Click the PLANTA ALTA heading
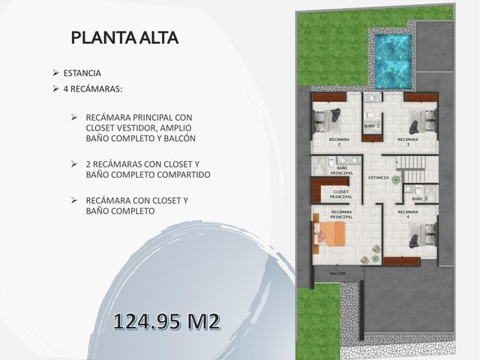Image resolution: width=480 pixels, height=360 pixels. [x=124, y=37]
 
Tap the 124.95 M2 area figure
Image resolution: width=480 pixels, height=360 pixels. [x=166, y=322]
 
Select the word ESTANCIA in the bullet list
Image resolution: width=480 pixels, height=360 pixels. [x=82, y=73]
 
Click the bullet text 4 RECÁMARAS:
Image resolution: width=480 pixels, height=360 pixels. [x=93, y=89]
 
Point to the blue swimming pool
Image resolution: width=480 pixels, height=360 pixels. [x=393, y=61]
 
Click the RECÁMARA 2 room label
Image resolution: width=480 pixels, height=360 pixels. [x=339, y=142]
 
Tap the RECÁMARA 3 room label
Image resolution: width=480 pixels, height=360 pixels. [x=408, y=142]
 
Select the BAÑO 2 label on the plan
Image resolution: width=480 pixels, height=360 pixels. [x=372, y=126]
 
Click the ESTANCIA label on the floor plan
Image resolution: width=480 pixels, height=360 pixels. [x=378, y=178]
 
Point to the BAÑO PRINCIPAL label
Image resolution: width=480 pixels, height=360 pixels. [x=342, y=170]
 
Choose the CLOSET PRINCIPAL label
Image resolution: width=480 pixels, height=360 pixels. [x=341, y=194]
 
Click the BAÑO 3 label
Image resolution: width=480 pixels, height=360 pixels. [x=419, y=199]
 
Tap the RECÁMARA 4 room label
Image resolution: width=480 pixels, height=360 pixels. [x=408, y=214]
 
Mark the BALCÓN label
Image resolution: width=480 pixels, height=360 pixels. [x=338, y=273]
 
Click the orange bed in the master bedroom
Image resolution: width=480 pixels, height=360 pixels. [x=329, y=234]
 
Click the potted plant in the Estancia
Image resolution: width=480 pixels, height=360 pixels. [x=397, y=180]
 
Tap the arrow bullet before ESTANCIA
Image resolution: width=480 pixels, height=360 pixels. [x=55, y=73]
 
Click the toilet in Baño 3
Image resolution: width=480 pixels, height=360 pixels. [x=418, y=190]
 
